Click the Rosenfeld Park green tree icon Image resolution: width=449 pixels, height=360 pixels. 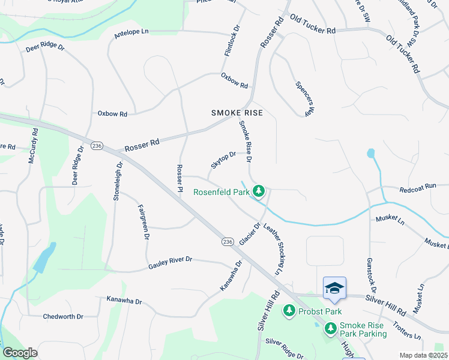pyautogui.click(x=259, y=191)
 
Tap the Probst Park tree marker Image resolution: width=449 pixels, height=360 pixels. pyautogui.click(x=289, y=311)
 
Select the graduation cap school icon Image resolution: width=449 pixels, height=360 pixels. pyautogui.click(x=334, y=288)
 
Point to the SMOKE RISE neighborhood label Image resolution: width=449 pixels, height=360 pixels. pyautogui.click(x=237, y=113)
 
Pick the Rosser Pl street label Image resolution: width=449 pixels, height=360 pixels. pyautogui.click(x=179, y=178)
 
